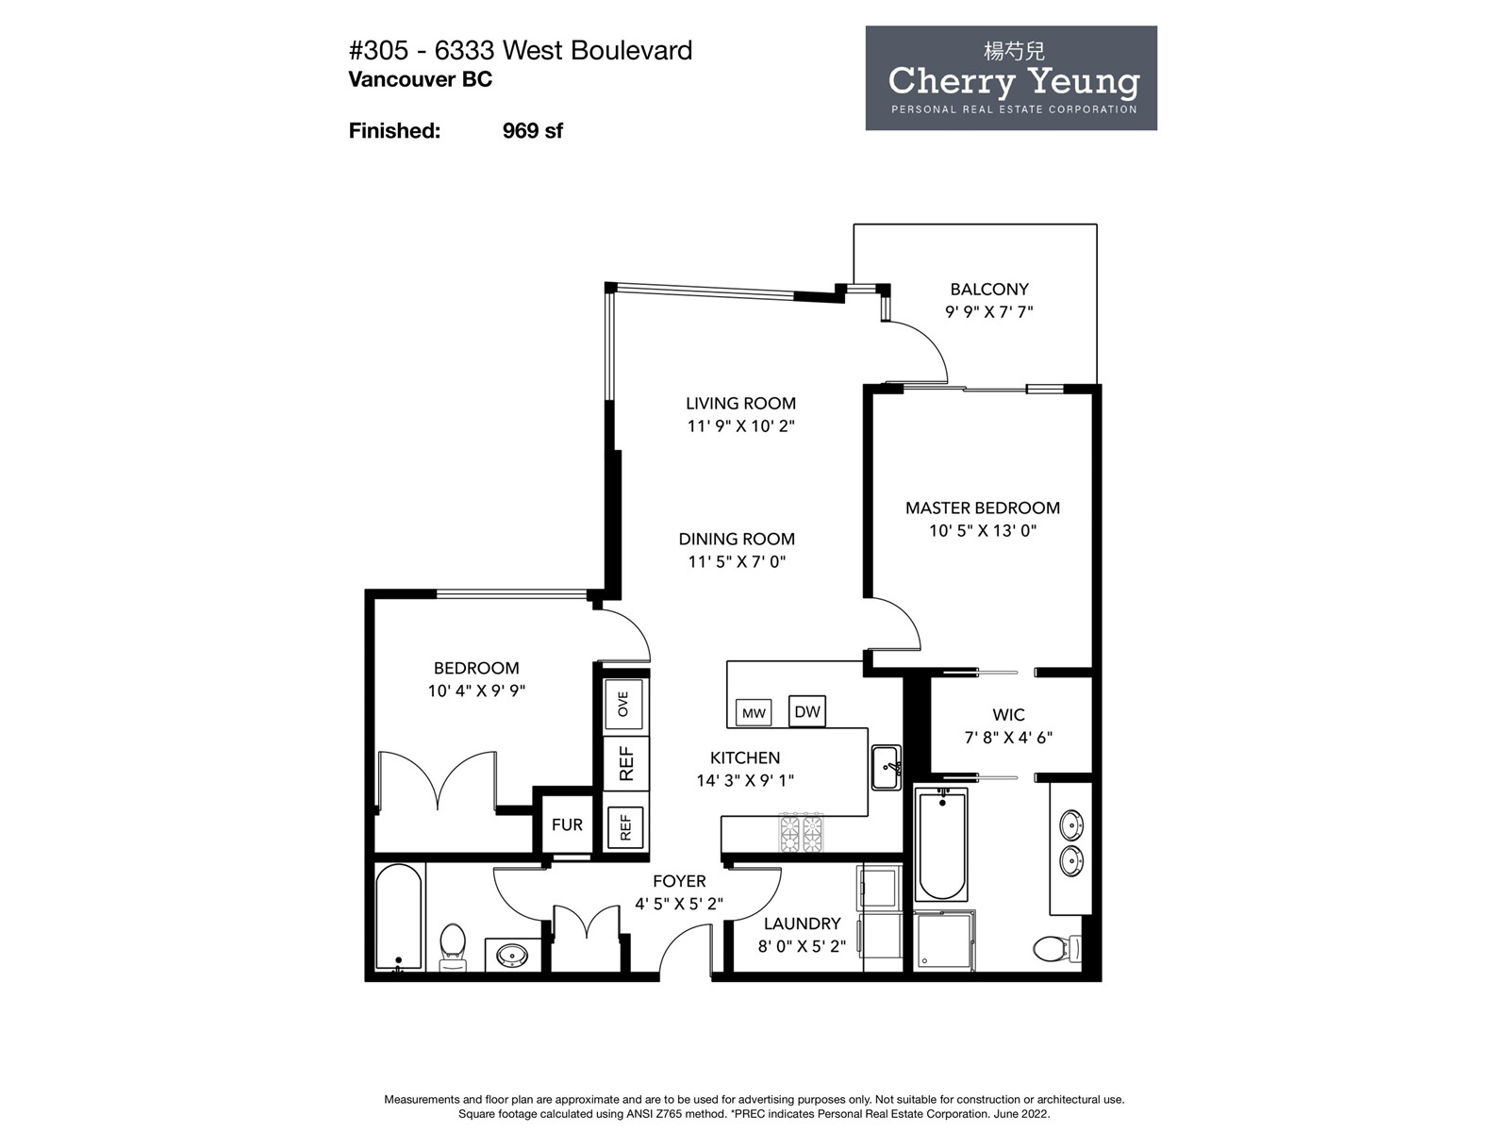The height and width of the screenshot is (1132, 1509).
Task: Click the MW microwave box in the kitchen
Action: (x=754, y=713)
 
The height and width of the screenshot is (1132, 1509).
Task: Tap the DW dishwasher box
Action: (x=806, y=710)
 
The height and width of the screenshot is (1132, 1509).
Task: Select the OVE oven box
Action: (x=623, y=704)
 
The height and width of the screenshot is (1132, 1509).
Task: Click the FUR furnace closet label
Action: (x=567, y=824)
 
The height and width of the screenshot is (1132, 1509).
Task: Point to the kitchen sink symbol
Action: (x=887, y=768)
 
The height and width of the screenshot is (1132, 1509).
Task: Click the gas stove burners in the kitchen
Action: (x=801, y=832)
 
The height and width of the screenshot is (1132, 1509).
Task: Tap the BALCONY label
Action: (x=989, y=290)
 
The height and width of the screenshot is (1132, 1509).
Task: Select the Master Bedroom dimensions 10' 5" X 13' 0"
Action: (x=983, y=530)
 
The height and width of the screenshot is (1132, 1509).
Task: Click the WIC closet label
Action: (x=1008, y=715)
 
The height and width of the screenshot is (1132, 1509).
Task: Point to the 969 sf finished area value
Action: (x=532, y=130)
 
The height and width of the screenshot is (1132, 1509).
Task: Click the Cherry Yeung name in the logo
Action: (x=1014, y=82)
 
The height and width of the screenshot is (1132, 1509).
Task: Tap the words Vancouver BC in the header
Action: (x=420, y=80)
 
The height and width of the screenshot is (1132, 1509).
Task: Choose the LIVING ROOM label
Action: (x=740, y=404)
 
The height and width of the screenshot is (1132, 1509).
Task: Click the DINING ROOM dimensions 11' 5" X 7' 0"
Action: (x=737, y=561)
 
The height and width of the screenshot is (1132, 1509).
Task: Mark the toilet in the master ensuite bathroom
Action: (x=1057, y=949)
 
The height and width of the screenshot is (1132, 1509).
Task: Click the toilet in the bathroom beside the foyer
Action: (x=453, y=946)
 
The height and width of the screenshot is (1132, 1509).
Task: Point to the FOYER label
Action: (x=679, y=881)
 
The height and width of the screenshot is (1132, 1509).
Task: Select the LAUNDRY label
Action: (x=803, y=924)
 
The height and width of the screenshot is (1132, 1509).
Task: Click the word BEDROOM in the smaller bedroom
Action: (x=476, y=668)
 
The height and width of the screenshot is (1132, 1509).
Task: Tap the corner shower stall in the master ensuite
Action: (x=944, y=941)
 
